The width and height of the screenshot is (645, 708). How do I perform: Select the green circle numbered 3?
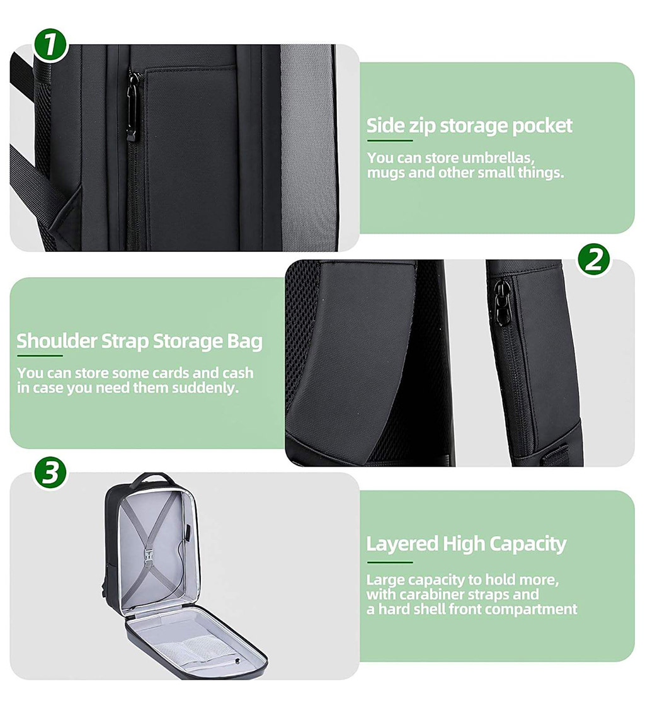click(50, 472)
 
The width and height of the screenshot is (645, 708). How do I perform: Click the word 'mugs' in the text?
click(386, 173)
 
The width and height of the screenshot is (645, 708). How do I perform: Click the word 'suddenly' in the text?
click(208, 388)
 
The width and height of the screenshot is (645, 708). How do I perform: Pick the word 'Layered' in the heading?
click(402, 543)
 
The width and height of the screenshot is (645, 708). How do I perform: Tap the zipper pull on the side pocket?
click(132, 107)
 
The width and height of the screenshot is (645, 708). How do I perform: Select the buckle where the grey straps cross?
click(152, 554)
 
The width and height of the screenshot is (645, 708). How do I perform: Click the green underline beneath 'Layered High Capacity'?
click(389, 562)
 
